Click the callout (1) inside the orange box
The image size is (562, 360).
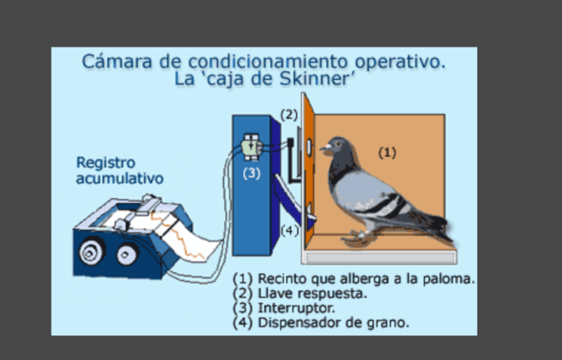point(387,152)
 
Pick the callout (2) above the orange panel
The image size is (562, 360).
point(290,114)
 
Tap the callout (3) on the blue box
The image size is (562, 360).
point(252,173)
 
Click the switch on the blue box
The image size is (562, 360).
point(252,144)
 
